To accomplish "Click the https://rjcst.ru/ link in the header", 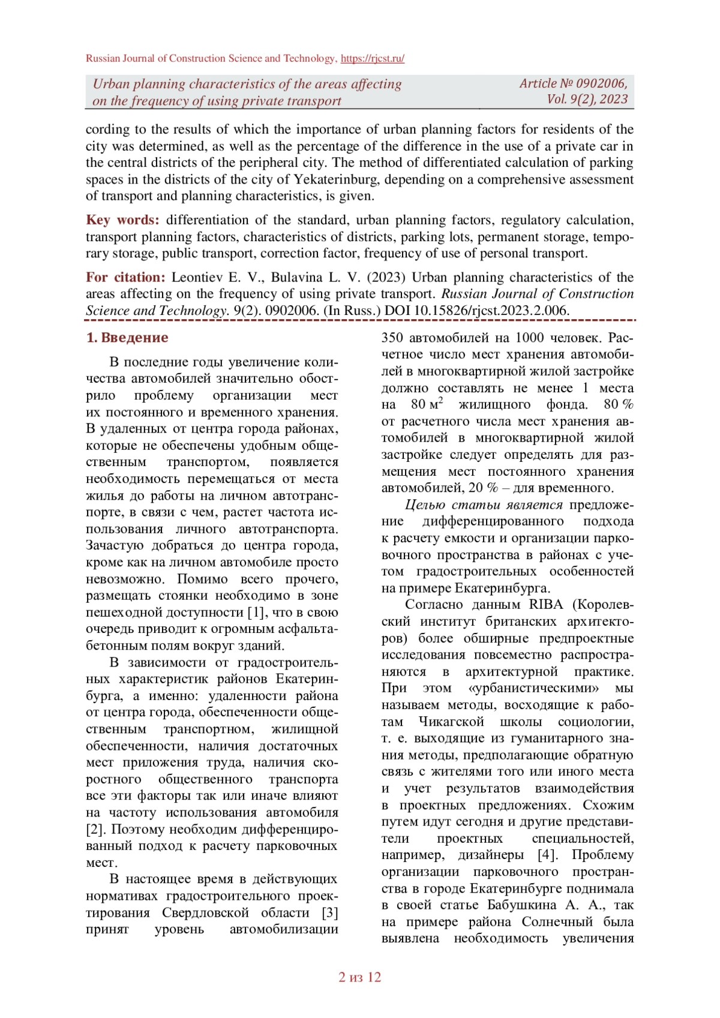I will [x=372, y=58].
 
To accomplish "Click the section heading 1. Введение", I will [x=127, y=338].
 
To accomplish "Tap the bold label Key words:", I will [x=122, y=220].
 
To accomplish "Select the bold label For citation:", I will [x=125, y=277].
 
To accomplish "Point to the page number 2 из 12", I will [x=360, y=977].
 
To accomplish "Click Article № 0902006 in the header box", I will [x=573, y=83].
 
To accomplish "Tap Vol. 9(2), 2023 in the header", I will [x=587, y=100].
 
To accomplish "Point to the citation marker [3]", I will [x=330, y=913].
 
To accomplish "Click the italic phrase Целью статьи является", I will [x=484, y=505].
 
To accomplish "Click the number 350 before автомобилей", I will [x=392, y=338].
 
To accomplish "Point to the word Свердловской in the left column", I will [x=205, y=913].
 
